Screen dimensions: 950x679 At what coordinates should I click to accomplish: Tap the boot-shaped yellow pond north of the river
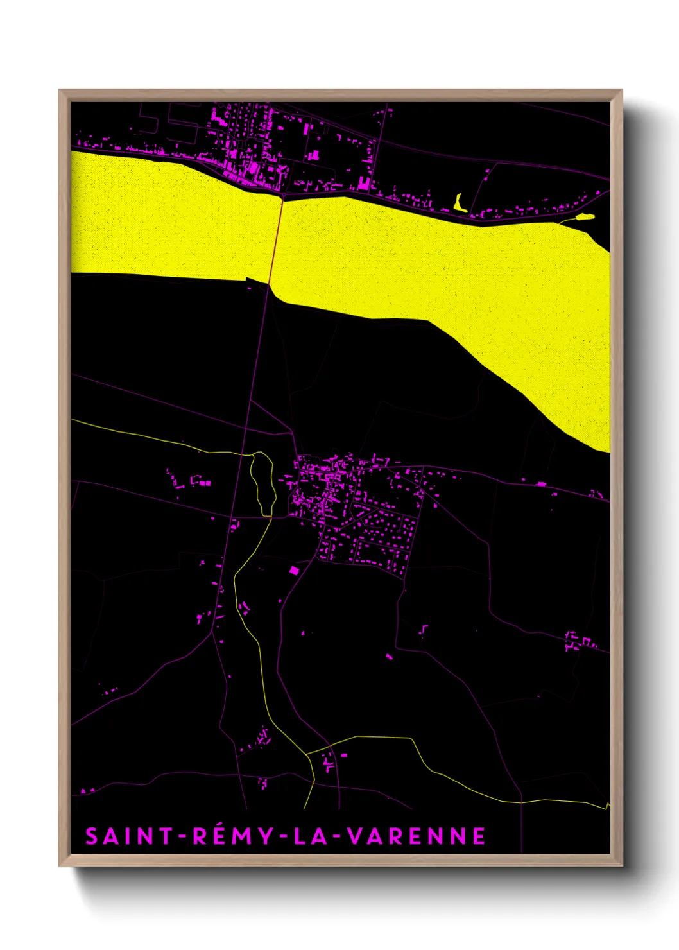tap(459, 205)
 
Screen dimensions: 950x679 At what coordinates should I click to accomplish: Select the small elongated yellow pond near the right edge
tap(585, 217)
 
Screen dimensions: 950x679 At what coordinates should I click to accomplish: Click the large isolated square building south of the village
tap(294, 570)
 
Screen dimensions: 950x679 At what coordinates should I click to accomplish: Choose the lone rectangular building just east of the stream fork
tap(344, 755)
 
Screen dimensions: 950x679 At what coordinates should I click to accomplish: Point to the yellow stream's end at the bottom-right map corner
tap(607, 805)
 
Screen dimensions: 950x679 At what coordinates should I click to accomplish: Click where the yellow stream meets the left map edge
tap(72, 420)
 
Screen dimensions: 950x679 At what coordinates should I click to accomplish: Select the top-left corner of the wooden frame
tap(60, 91)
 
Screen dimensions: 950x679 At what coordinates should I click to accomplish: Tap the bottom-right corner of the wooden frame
tap(621, 865)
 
